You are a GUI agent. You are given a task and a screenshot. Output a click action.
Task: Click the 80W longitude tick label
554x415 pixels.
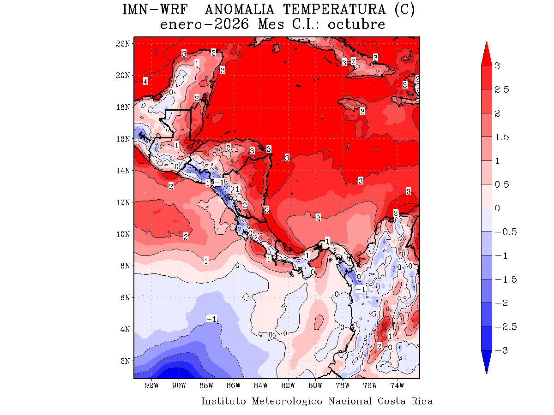(315, 385)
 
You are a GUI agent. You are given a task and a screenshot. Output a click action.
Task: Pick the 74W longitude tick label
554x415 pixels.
(397, 385)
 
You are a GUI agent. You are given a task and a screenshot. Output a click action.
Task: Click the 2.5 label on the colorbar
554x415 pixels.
(502, 89)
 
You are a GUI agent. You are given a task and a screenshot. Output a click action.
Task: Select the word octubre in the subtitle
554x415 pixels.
(356, 24)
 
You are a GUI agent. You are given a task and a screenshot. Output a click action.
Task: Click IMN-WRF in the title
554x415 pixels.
(156, 10)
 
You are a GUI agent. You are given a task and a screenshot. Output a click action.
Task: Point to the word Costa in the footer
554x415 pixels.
(392, 401)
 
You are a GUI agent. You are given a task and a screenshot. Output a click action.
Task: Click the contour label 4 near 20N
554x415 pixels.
(145, 82)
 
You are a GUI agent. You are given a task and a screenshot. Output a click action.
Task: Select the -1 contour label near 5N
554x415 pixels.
(212, 319)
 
